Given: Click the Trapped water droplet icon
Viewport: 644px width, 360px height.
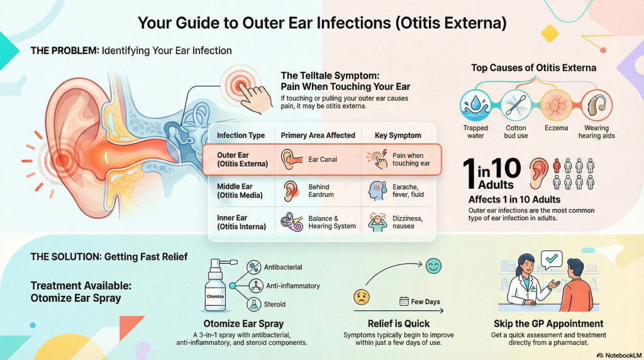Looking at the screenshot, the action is pos(475,105).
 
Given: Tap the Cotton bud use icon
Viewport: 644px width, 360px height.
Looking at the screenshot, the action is pos(516,105).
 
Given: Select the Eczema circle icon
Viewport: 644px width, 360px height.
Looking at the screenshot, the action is pos(556,105).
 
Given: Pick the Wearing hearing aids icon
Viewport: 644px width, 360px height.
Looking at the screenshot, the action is pos(596,105).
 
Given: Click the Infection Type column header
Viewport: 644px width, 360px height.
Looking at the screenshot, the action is pos(241,135).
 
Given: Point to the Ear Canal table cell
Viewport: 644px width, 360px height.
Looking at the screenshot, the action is pos(323,159).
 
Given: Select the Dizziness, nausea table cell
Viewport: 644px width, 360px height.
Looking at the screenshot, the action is pos(407,222).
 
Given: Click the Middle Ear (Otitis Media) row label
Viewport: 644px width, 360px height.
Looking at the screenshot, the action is pos(240,191).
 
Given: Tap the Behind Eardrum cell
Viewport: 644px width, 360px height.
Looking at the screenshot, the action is pos(321,191).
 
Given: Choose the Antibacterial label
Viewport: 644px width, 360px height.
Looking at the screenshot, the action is pos(283,267).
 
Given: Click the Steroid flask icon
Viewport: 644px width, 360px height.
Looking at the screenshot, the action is pos(254,305).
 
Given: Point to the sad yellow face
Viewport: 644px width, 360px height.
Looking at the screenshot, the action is pos(362,296).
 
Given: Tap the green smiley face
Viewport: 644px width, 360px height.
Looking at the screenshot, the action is pos(433,266).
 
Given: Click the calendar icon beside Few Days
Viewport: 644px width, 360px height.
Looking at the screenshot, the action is pos(404,301).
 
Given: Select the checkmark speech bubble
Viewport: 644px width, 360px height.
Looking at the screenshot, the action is pos(552,259).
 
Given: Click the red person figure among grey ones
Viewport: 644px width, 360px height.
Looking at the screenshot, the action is pos(557,166).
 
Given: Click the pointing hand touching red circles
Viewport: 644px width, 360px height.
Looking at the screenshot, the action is pos(255,98).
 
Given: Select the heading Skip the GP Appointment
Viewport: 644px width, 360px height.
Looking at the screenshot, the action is pos(548,323).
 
